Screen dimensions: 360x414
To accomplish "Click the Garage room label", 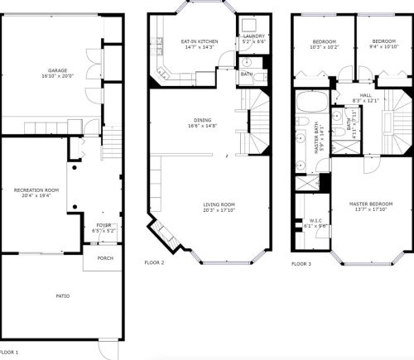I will click(x=57, y=70).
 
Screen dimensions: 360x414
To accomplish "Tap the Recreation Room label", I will click(x=34, y=190).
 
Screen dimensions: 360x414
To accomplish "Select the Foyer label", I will click(x=103, y=223).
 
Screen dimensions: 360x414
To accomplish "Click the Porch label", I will click(x=105, y=258).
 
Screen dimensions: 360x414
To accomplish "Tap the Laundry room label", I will click(x=253, y=36).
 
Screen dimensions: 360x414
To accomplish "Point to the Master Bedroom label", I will click(x=369, y=204).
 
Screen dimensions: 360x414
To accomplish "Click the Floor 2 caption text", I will click(x=154, y=262).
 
